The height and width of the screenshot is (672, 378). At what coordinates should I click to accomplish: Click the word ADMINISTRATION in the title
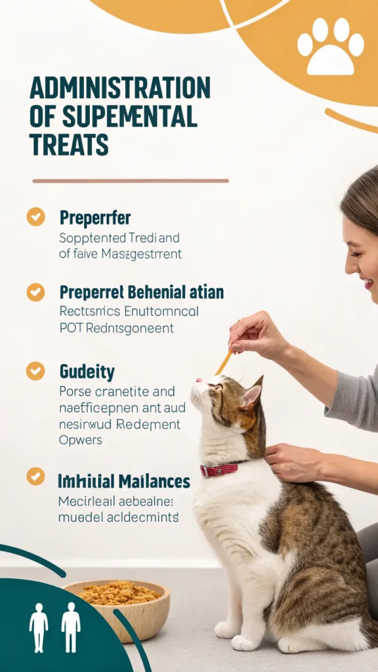click(119, 89)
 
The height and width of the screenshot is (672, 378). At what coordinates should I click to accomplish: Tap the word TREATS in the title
click(69, 144)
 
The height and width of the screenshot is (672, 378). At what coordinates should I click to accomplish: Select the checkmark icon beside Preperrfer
click(35, 217)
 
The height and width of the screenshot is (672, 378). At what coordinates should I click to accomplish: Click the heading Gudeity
click(87, 373)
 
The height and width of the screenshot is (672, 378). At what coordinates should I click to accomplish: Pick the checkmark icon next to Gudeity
click(35, 371)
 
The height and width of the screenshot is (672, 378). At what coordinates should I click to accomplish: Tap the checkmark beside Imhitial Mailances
click(35, 476)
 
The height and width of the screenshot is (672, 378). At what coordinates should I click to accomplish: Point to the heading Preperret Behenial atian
click(141, 292)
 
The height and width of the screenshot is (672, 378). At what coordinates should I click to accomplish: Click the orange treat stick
click(224, 362)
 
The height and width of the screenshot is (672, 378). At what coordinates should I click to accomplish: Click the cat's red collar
click(220, 469)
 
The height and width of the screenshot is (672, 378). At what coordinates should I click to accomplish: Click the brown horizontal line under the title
click(131, 180)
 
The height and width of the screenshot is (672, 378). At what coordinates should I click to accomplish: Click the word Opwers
click(81, 440)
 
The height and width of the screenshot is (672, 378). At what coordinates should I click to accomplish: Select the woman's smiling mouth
click(368, 282)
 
